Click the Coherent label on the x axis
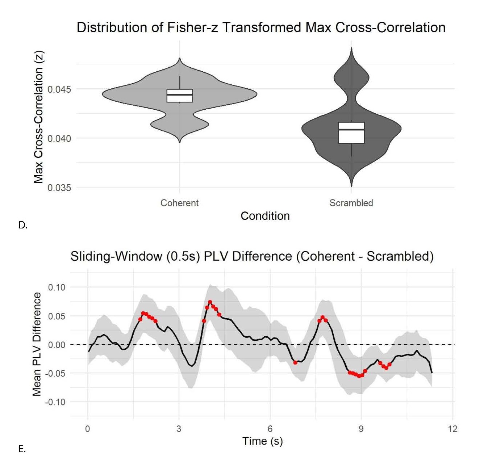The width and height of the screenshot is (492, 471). point(179,203)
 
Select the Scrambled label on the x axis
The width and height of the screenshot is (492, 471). point(351,203)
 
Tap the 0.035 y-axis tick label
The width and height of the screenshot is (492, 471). point(59,188)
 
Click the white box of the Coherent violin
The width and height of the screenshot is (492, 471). point(179,96)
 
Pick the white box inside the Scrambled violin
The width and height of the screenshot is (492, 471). point(351,133)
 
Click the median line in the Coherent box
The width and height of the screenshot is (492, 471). point(179,95)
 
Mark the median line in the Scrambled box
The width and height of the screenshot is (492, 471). point(351,129)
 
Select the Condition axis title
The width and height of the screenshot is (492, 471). point(265,216)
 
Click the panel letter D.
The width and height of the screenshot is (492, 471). point(23,225)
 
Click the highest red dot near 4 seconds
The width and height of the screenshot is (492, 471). point(210,302)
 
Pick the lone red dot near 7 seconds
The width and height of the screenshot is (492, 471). point(295,363)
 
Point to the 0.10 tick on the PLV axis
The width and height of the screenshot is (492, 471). point(57,287)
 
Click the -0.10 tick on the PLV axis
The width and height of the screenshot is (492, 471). point(55,402)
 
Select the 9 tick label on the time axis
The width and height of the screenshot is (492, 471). point(361,429)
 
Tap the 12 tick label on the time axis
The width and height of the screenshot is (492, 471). point(452,429)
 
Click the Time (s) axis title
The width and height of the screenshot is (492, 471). point(262,441)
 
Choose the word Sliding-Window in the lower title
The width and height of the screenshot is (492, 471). point(117,256)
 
